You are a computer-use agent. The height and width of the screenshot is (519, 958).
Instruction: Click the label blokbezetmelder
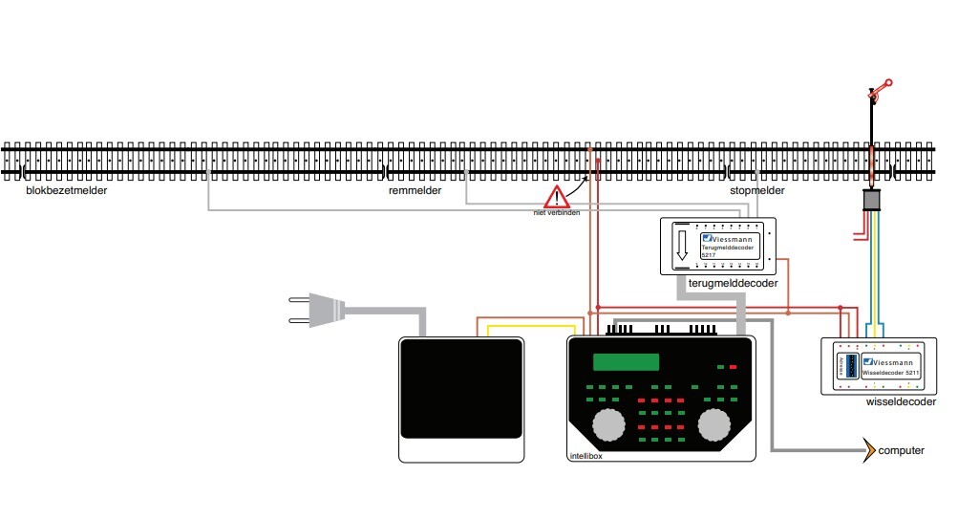[67, 191]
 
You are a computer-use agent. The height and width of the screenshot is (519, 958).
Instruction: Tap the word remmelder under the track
[415, 191]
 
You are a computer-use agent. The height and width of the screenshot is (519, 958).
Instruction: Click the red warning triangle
[555, 197]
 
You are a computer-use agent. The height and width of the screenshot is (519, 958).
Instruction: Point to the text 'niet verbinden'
[556, 212]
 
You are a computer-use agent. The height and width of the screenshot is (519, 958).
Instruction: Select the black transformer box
[460, 399]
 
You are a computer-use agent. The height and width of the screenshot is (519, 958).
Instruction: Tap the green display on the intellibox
[626, 362]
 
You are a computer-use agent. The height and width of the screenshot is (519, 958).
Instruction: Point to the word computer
[901, 450]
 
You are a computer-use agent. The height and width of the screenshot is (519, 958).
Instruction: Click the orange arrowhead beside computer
[868, 449]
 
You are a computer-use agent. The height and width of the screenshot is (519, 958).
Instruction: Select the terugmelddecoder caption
[732, 284]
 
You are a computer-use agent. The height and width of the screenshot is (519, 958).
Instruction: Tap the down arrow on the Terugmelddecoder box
[682, 245]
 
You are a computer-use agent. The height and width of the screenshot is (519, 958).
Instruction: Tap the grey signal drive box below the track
[872, 200]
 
